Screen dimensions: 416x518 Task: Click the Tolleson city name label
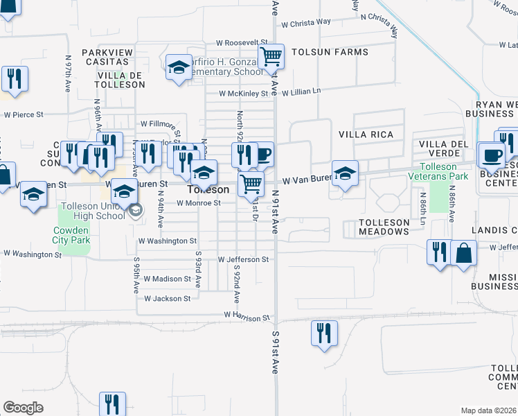208,189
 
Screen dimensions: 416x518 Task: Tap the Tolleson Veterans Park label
447,171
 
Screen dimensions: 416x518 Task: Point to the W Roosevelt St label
242,42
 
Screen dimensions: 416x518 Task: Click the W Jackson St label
167,299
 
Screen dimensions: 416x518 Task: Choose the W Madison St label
167,279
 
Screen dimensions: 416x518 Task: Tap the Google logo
23,408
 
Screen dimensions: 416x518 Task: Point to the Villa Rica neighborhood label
366,135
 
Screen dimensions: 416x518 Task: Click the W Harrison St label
247,318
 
